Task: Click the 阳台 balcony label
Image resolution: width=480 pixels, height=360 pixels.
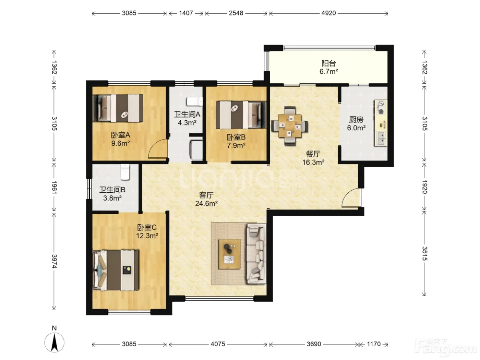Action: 328,63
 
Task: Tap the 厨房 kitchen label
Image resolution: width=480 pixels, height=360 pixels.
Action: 356,120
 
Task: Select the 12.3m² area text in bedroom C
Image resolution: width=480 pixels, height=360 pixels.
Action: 147,236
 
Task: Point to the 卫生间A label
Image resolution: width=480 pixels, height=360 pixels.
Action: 187,114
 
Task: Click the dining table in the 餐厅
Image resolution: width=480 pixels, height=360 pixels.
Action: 289,126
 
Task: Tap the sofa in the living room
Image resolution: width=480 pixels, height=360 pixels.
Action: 256,254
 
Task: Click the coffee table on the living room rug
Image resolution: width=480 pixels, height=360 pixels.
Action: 230,254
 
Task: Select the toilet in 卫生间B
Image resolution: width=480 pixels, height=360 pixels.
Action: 125,172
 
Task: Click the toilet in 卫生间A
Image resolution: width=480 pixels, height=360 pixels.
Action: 194,101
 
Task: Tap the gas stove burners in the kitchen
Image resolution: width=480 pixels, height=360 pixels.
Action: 381,108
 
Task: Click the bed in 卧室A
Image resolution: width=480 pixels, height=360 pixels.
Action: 118,108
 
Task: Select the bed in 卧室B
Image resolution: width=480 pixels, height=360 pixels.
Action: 241,115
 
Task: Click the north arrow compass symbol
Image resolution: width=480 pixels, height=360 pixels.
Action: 54,342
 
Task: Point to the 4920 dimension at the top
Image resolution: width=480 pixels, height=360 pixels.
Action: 328,13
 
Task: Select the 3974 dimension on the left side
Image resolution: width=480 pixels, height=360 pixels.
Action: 54,261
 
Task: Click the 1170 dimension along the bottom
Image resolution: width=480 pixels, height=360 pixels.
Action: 374,344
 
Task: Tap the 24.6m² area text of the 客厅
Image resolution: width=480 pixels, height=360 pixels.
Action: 206,204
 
